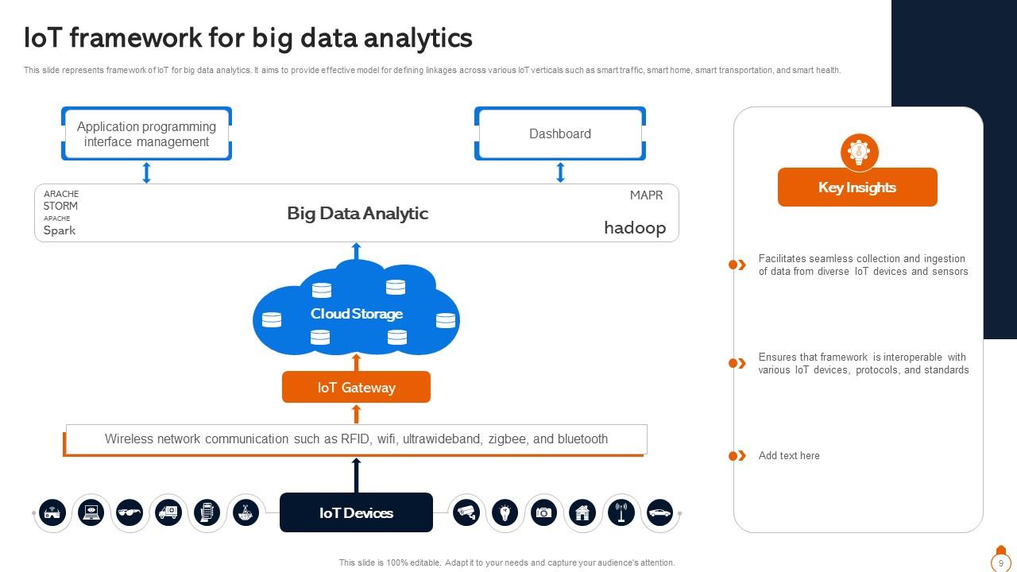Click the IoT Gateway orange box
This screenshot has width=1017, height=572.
coord(356,387)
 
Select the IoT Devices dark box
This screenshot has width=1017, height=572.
coord(356,512)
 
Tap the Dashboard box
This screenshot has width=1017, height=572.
coord(559,133)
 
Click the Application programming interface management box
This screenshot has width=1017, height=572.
coord(146,133)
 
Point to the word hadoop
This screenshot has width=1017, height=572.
coord(635,228)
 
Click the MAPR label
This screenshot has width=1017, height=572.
coord(646,195)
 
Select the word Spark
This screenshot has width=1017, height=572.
coord(60,230)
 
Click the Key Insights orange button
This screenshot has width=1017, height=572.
coord(857,187)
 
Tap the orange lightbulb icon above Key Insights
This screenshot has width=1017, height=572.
coord(859,152)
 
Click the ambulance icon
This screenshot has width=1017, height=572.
coord(168,512)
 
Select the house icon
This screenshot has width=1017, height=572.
coord(582,512)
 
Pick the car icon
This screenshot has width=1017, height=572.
coord(659,512)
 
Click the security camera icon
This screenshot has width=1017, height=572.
coord(466,512)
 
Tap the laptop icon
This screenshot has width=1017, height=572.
coord(91,512)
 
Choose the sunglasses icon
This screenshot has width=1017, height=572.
coord(130,512)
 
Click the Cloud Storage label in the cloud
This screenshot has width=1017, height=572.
coord(356,314)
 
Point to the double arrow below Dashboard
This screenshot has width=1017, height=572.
coord(560,172)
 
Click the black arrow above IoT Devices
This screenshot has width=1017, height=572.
coord(356,475)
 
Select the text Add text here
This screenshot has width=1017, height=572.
coord(789,455)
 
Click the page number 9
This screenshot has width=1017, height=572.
coord(1000,563)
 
